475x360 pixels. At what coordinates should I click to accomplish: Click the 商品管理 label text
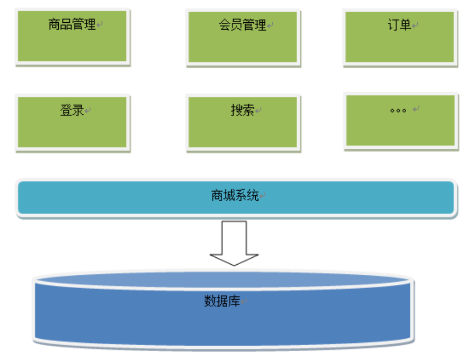[72, 24]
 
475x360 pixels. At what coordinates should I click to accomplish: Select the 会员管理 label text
[243, 25]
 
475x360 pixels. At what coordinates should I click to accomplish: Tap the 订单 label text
[399, 25]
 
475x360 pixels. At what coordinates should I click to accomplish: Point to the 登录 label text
[72, 110]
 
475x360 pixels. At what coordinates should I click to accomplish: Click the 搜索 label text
[243, 110]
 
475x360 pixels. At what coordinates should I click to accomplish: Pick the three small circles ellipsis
[398, 111]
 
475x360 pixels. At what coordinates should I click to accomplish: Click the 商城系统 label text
[235, 195]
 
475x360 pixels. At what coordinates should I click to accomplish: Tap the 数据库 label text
[222, 301]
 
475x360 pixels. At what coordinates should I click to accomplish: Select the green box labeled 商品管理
[72, 45]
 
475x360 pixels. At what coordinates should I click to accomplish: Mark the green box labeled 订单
[400, 45]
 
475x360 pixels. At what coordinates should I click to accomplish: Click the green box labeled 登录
[72, 130]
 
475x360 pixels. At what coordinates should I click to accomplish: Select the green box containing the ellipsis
[400, 130]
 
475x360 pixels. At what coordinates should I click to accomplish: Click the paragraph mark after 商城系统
[263, 196]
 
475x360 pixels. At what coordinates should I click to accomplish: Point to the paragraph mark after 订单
[416, 25]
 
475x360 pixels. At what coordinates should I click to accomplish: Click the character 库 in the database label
[235, 301]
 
